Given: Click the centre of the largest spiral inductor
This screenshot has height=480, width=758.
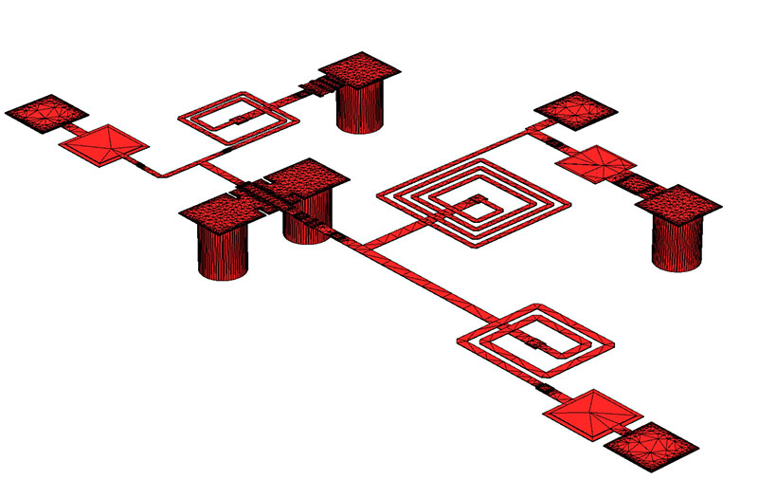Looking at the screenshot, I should [x=475, y=203].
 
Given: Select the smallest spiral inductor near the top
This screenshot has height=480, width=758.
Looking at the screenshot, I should [x=239, y=119].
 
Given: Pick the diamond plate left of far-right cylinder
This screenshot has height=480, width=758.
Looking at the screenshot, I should [x=594, y=163].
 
